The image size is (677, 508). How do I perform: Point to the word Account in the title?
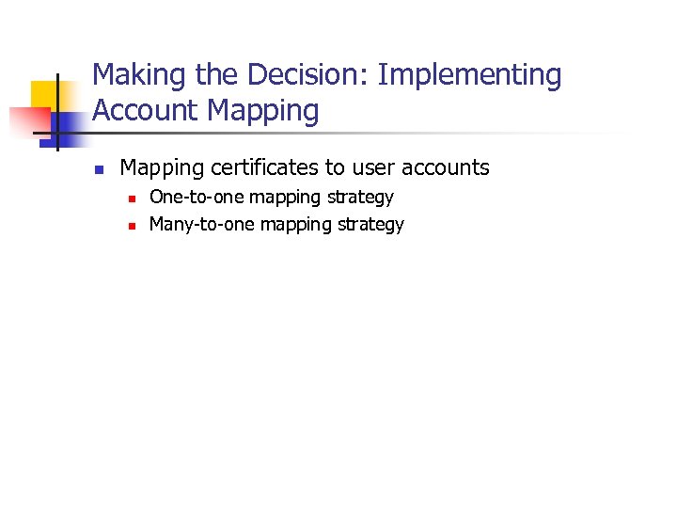coord(146,111)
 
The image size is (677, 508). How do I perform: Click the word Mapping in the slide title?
coord(263,111)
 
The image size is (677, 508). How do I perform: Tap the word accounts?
coord(446,167)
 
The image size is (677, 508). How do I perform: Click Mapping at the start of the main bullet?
coord(161,167)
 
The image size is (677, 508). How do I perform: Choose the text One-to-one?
coord(197,198)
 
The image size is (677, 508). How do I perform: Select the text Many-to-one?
coord(202,225)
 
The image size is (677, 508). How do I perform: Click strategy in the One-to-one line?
coord(360,198)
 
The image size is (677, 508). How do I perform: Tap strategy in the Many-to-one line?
coord(370,225)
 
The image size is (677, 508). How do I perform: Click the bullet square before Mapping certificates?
coord(97,170)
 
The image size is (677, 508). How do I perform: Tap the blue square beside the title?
coord(68,122)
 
